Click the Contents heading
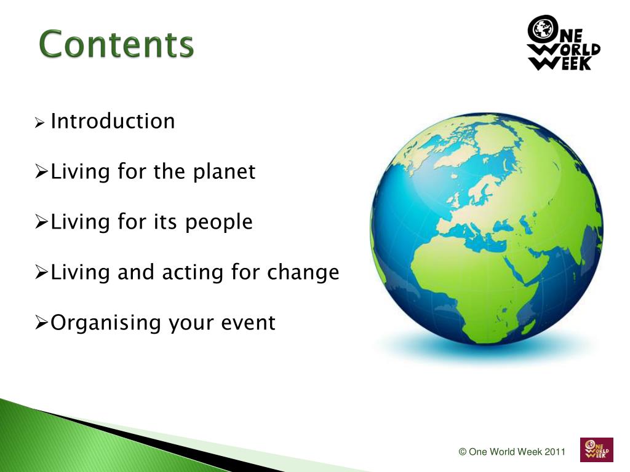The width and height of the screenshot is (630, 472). click(x=116, y=44)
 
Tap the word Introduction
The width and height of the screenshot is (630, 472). click(x=113, y=121)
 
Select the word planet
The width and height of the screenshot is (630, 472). click(x=224, y=172)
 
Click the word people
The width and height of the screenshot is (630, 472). click(x=219, y=222)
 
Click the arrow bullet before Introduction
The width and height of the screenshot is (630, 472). click(x=39, y=122)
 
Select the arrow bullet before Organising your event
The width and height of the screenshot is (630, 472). click(x=41, y=322)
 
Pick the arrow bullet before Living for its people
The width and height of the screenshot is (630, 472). click(x=41, y=221)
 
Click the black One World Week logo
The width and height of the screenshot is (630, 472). click(x=564, y=43)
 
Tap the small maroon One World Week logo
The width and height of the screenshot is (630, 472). click(x=597, y=449)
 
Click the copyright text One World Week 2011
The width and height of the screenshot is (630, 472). click(x=512, y=452)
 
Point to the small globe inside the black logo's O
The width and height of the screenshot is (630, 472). click(x=541, y=28)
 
